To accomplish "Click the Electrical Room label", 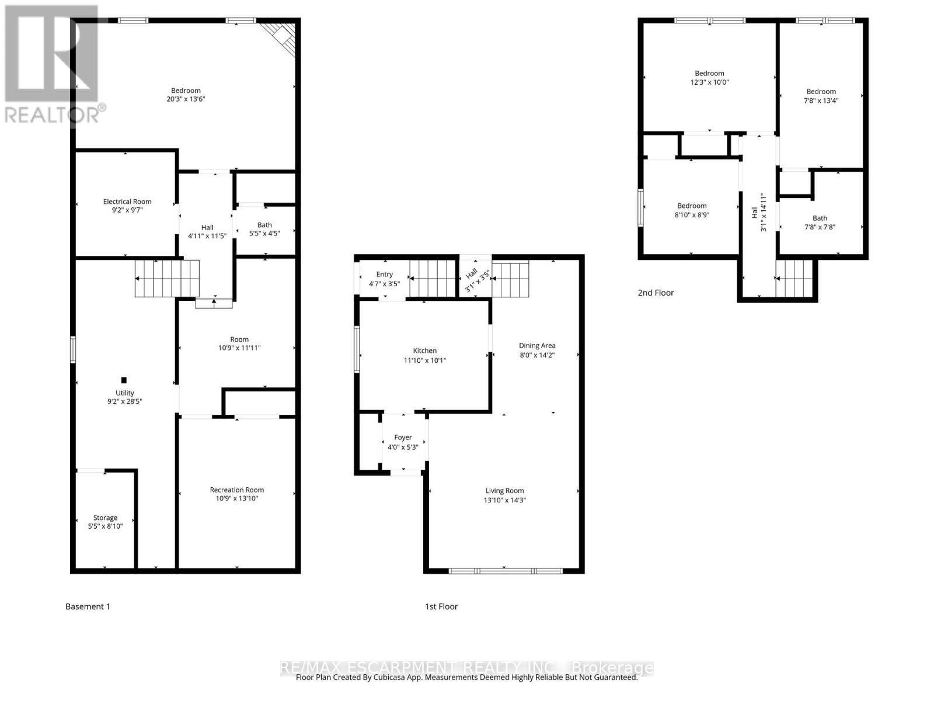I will pyautogui.click(x=127, y=202).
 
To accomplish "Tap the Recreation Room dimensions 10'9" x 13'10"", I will pyautogui.click(x=237, y=498).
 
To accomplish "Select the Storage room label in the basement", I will pyautogui.click(x=105, y=518).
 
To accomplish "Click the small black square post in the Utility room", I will pyautogui.click(x=124, y=380).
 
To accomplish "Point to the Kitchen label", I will pyautogui.click(x=424, y=350).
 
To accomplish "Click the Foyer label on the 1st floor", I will pyautogui.click(x=403, y=438).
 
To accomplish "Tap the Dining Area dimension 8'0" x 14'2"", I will pyautogui.click(x=537, y=355).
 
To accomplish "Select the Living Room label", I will pyautogui.click(x=504, y=491).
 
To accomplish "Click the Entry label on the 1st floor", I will pyautogui.click(x=384, y=275).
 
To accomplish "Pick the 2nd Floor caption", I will pyautogui.click(x=656, y=293).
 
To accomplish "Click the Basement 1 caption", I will pyautogui.click(x=88, y=606).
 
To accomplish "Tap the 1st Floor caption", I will pyautogui.click(x=441, y=606).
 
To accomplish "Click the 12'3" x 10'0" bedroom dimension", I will pyautogui.click(x=709, y=82).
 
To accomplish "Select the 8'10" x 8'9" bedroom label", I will pyautogui.click(x=692, y=206).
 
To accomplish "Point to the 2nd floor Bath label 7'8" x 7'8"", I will pyautogui.click(x=820, y=218).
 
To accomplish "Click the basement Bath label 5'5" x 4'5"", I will pyautogui.click(x=264, y=225).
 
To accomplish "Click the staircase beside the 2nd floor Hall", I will pyautogui.click(x=794, y=279).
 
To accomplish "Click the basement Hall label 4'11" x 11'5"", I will pyautogui.click(x=207, y=228).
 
